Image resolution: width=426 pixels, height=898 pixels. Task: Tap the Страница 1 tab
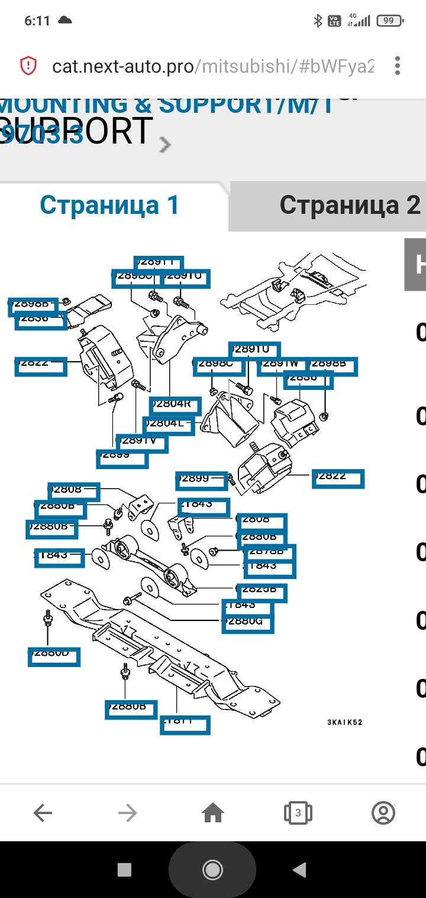109,206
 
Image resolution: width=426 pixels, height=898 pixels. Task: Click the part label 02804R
175,405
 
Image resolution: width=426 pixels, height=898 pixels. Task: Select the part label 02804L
168,424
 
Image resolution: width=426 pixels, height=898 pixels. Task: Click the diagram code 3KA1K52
344,722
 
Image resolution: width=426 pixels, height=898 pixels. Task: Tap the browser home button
213,814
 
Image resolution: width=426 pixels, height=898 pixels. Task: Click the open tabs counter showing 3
298,814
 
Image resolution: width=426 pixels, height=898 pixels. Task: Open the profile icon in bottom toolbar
383,814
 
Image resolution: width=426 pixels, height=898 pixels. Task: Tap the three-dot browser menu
398,66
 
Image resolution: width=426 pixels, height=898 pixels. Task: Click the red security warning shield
28,66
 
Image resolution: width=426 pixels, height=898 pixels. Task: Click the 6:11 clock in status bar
37,21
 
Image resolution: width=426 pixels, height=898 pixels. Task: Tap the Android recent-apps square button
124,869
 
